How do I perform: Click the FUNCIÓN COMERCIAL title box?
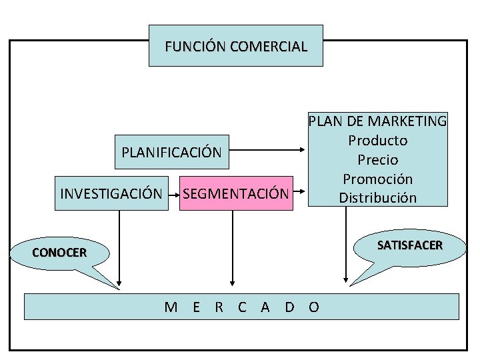[x=235, y=46]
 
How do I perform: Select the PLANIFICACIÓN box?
[x=171, y=152]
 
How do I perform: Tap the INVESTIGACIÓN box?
[x=111, y=194]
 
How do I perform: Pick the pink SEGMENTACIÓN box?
[x=236, y=194]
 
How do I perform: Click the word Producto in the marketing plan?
[x=377, y=141]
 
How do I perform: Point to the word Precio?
[x=377, y=160]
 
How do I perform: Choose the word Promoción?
[x=377, y=179]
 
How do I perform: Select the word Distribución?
[x=377, y=198]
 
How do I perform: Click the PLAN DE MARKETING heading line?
[x=377, y=121]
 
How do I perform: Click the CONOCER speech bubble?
[x=59, y=253]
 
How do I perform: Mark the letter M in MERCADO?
[x=171, y=307]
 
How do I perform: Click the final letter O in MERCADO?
[x=314, y=307]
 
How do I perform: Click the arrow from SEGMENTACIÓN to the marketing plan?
[x=300, y=194]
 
